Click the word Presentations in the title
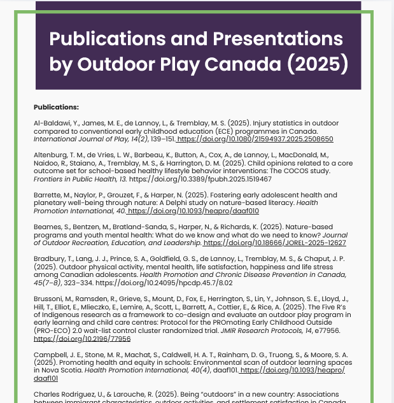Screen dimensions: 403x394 [x=279, y=39]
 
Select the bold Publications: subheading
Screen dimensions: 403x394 [x=56, y=106]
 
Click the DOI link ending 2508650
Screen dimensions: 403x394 [x=255, y=138]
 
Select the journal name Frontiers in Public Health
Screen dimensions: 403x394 [x=71, y=179]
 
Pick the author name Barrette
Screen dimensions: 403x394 [x=46, y=195]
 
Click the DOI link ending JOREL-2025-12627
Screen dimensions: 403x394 [x=275, y=243]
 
